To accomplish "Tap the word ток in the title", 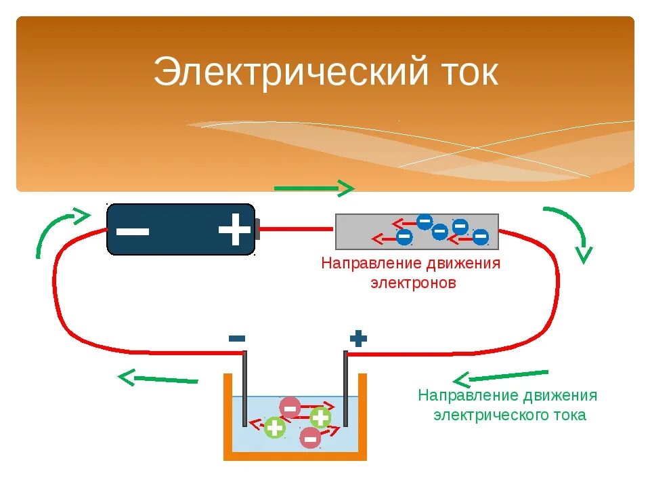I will point(468,73).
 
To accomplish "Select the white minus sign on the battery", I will point(133,230).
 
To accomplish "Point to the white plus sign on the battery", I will point(234,230).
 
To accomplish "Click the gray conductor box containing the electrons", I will point(417,231).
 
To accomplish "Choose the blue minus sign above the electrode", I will point(237,338).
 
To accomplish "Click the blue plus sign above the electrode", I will point(358,338).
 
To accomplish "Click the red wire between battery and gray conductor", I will point(297,229).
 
